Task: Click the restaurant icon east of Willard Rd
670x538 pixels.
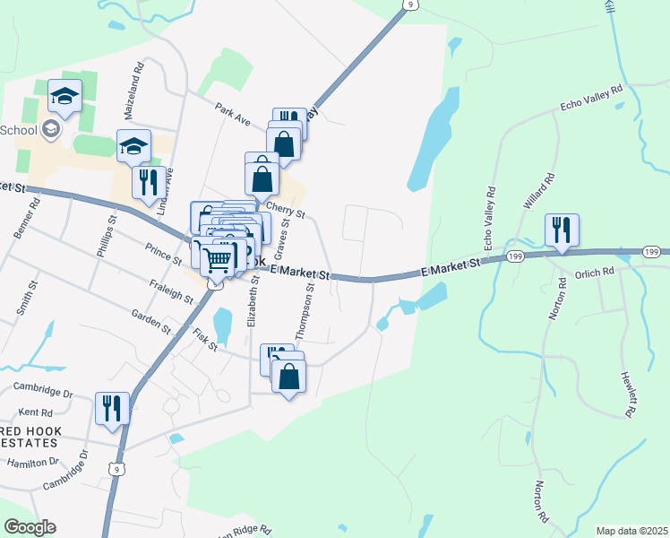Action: click(562, 229)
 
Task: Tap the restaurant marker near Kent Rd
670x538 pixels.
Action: click(112, 408)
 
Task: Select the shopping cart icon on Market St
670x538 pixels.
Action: click(217, 260)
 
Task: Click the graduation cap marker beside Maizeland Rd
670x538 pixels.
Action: click(133, 146)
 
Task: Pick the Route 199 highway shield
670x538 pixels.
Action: click(514, 256)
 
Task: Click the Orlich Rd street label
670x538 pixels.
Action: click(595, 272)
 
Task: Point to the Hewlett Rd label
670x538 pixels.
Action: click(630, 395)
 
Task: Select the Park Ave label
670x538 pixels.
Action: click(230, 114)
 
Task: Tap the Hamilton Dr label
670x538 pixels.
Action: click(32, 463)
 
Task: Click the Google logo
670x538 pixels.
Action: click(30, 527)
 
